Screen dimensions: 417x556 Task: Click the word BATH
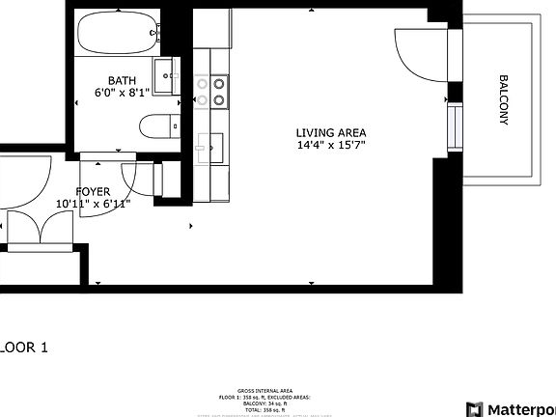pyautogui.click(x=122, y=81)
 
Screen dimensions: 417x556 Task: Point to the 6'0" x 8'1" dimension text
pyautogui.click(x=122, y=94)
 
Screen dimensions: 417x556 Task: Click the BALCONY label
pyautogui.click(x=503, y=100)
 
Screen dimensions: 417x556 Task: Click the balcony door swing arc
pyautogui.click(x=413, y=55)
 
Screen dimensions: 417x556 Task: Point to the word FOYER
pyautogui.click(x=93, y=191)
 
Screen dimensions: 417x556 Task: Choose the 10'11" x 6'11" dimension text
pyautogui.click(x=93, y=204)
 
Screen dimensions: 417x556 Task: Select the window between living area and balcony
pyautogui.click(x=453, y=125)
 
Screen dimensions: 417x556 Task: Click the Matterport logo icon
pyautogui.click(x=474, y=408)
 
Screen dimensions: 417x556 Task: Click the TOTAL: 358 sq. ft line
pyautogui.click(x=277, y=408)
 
